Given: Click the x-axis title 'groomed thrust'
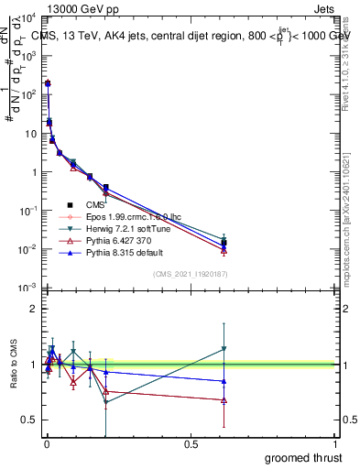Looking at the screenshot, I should point(303,457).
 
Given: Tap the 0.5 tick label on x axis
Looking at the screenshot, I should point(191,444).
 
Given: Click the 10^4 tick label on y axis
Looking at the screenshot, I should point(27,17).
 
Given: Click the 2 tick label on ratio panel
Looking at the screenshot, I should point(33,309).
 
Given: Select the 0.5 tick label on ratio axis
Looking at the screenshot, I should point(29,420).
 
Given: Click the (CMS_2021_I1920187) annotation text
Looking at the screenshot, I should point(191,273).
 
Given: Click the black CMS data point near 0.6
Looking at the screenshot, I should point(224,243).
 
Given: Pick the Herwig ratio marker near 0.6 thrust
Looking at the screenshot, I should point(224,349).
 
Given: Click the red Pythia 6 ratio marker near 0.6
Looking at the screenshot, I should point(224,400).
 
